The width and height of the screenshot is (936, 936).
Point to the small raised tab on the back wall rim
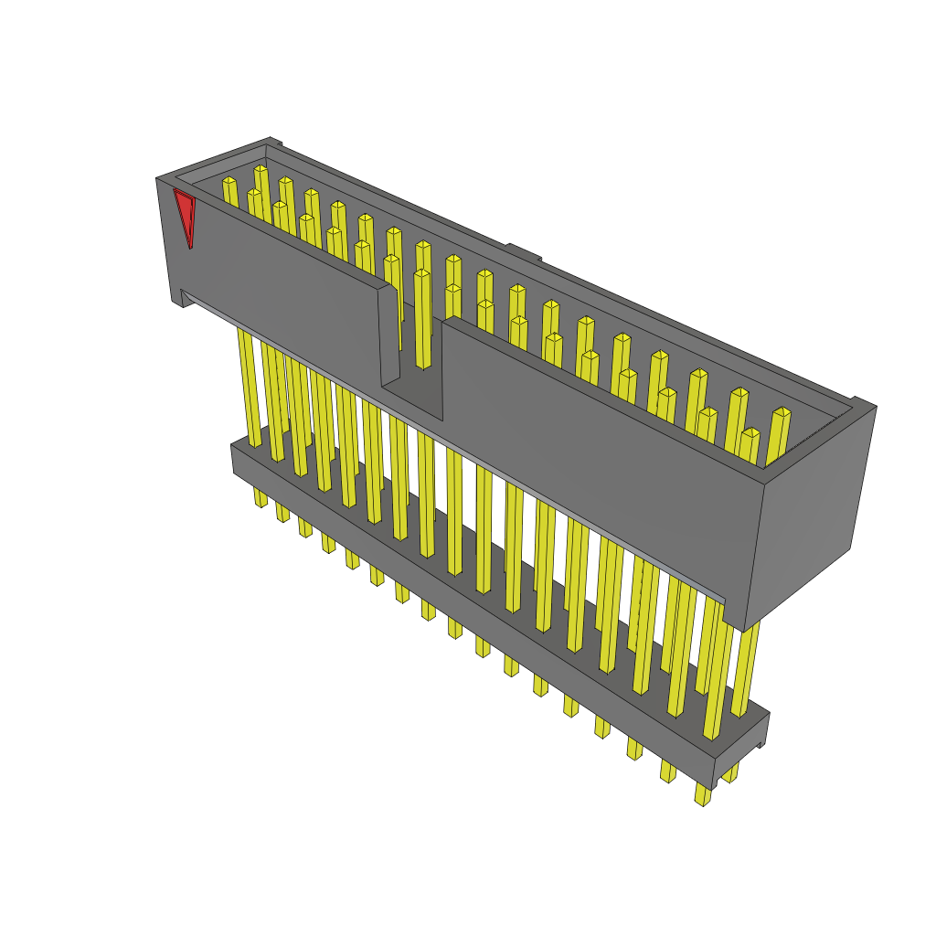pyautogui.click(x=524, y=251)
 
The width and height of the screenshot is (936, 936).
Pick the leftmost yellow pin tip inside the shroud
pyautogui.click(x=229, y=183)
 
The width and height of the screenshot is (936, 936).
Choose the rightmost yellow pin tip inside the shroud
pyautogui.click(x=782, y=413)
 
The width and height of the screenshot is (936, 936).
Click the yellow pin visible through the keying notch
pyautogui.click(x=422, y=320)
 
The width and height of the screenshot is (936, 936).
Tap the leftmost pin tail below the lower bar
pyautogui.click(x=261, y=497)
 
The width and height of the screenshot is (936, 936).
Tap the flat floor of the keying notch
pyautogui.click(x=412, y=400)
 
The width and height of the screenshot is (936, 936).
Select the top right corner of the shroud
pyautogui.click(x=864, y=404)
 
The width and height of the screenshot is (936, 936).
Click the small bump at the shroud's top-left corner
pyautogui.click(x=274, y=142)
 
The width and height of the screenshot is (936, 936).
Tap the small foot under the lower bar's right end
pyautogui.click(x=760, y=744)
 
